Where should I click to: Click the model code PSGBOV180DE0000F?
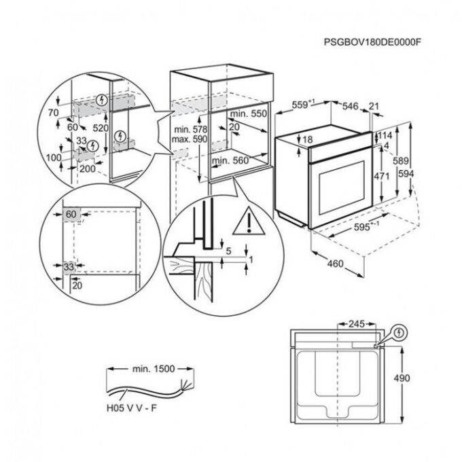pos(373,42)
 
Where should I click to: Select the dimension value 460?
pos(336,263)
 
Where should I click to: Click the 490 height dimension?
pos(402,378)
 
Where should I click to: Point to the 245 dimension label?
pos(357,324)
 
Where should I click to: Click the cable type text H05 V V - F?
pos(132,408)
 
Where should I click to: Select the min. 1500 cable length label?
pos(154,369)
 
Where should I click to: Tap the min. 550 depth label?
pos(249,113)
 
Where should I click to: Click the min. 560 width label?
pos(230,160)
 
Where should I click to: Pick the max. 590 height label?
pos(190,139)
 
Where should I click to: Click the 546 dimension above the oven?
pos(350,106)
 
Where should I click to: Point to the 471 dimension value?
pos(382,176)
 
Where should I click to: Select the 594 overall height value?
pos(406,174)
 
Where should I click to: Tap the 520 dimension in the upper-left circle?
pos(101,128)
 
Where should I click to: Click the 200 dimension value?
pos(88,168)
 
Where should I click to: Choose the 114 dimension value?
pos(385,135)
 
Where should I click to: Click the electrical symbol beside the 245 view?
pos(399,333)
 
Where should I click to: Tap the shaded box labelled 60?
pos(71,214)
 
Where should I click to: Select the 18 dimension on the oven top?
pos(307,139)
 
